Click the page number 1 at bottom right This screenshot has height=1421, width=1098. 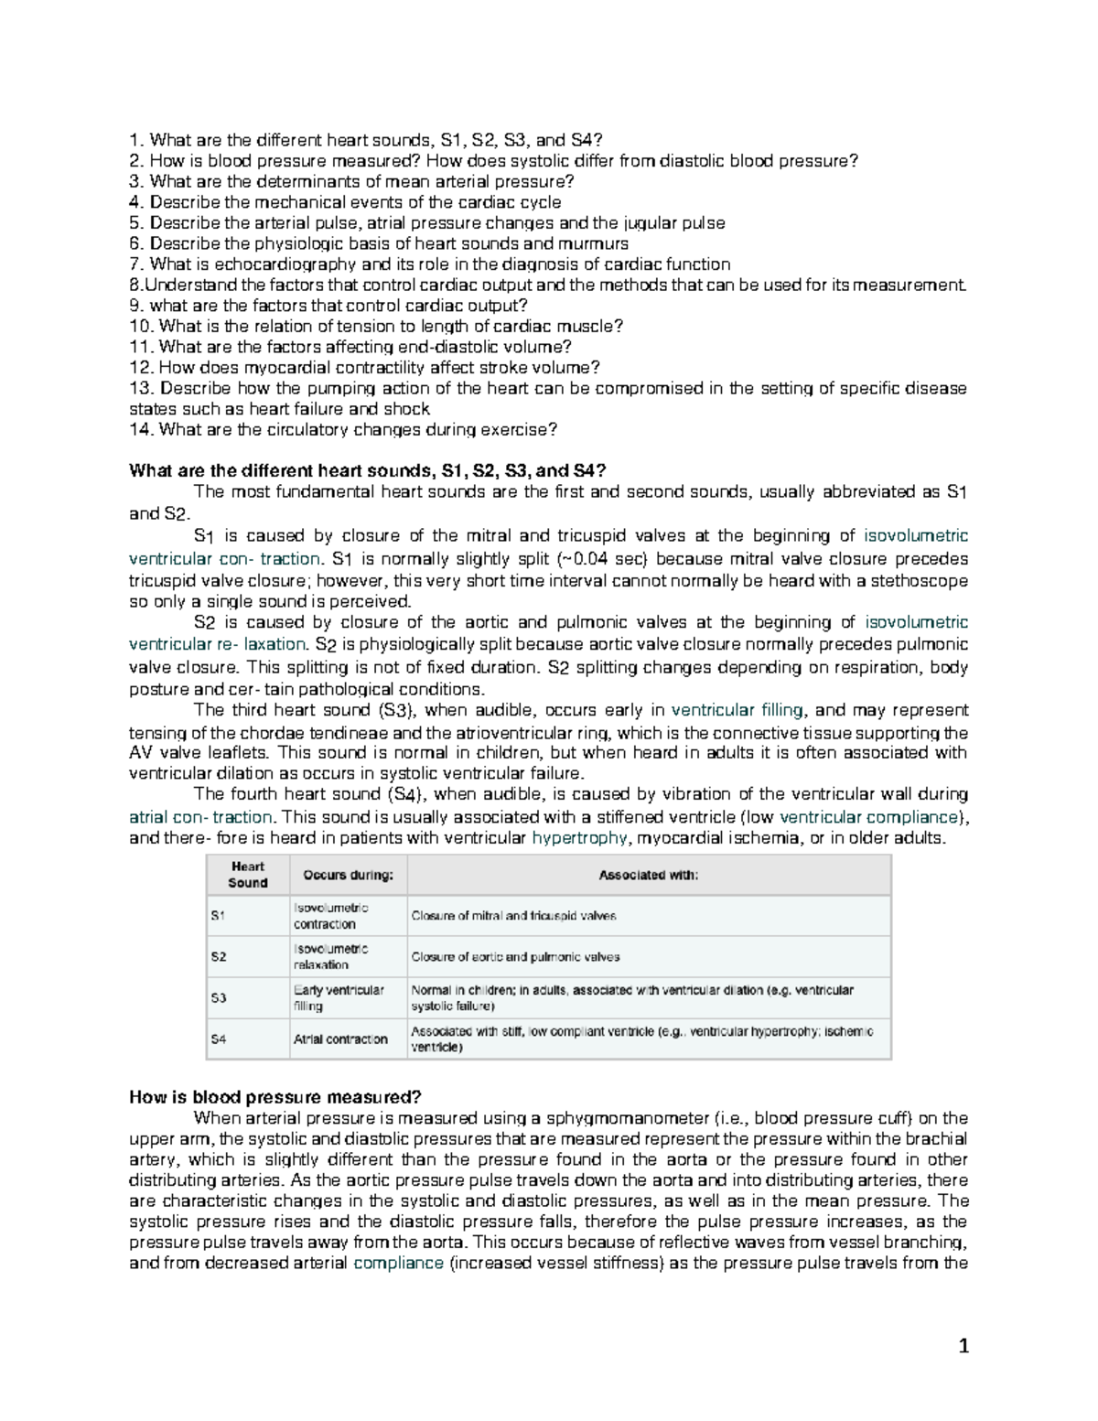pos(963,1345)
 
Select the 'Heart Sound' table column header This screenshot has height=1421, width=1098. pos(247,875)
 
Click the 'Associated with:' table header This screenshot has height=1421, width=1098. pos(648,876)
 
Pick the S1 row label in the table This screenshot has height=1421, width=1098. pos(218,915)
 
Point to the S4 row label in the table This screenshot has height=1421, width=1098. pos(219,1039)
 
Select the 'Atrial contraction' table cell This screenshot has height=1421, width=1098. pos(340,1039)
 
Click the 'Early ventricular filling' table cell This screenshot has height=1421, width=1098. pos(339,997)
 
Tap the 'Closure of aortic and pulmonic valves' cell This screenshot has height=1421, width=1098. pos(515,956)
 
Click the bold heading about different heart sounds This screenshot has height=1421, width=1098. pos(367,471)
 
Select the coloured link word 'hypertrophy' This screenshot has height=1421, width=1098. pos(580,837)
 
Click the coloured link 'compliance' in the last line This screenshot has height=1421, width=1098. pos(398,1264)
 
